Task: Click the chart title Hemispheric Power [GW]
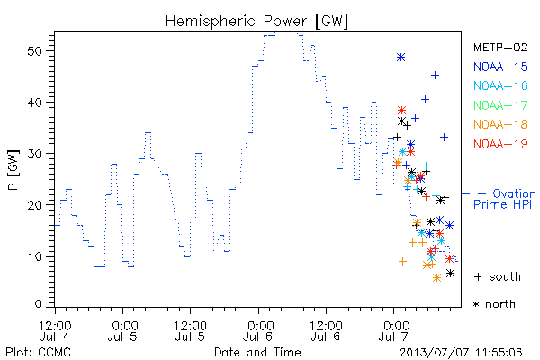click(x=256, y=21)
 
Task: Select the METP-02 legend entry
click(x=500, y=47)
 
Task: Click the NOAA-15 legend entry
click(x=500, y=67)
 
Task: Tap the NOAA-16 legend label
click(x=500, y=85)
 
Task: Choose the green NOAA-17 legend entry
click(x=500, y=105)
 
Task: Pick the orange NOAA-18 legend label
click(x=500, y=124)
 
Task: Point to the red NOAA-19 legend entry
click(x=500, y=144)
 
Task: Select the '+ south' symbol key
click(x=498, y=276)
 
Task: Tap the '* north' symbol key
click(x=494, y=304)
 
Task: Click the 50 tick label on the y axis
click(x=34, y=51)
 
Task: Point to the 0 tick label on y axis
click(x=38, y=304)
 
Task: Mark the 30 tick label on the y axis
click(x=34, y=154)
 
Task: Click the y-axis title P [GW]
click(x=13, y=170)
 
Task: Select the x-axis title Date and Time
click(x=257, y=352)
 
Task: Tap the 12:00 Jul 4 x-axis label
click(x=55, y=331)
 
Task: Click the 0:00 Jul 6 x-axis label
click(x=258, y=331)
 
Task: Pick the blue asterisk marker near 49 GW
click(x=400, y=58)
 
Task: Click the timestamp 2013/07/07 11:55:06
click(x=461, y=353)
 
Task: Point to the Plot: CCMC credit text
click(x=38, y=353)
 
